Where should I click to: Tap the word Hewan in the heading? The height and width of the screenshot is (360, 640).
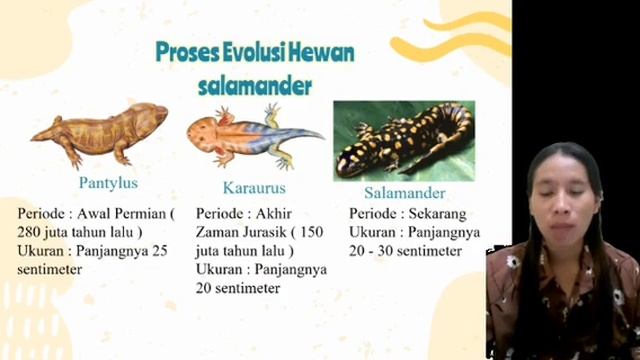(324, 52)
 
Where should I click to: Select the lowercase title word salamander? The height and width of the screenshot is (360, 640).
(256, 85)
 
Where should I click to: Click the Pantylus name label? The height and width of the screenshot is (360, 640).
(108, 183)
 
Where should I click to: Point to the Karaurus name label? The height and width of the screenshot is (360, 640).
(254, 188)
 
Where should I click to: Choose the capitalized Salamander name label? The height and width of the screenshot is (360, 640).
(404, 192)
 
